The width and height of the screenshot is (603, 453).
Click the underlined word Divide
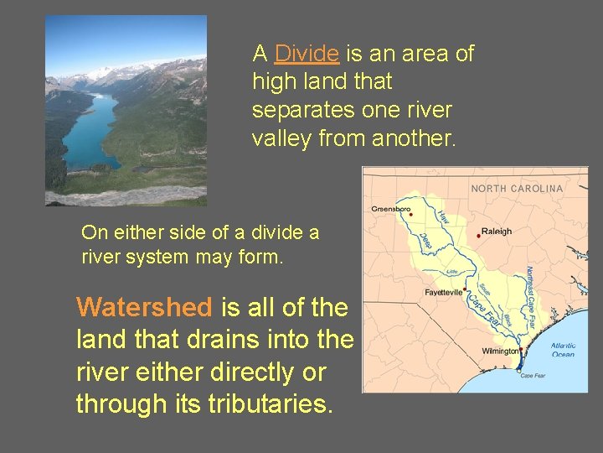click(307, 54)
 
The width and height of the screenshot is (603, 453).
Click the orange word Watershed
click(144, 308)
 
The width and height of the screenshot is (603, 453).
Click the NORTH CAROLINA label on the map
click(517, 189)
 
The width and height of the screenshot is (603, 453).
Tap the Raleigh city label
click(497, 232)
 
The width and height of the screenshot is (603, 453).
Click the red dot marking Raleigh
click(478, 235)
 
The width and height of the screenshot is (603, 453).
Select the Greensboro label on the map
click(392, 208)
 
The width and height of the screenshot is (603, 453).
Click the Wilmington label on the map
click(500, 351)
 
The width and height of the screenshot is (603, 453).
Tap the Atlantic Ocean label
click(563, 349)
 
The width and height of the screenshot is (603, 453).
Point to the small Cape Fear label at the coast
click(533, 376)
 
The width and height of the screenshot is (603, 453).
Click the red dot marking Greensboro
click(410, 214)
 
